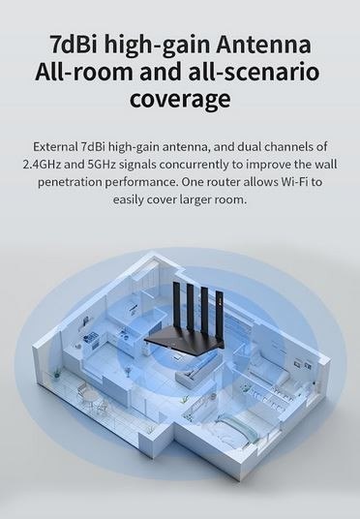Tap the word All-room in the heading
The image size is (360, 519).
pyautogui.click(x=82, y=72)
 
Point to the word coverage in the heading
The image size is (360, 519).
pyautogui.click(x=180, y=99)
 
